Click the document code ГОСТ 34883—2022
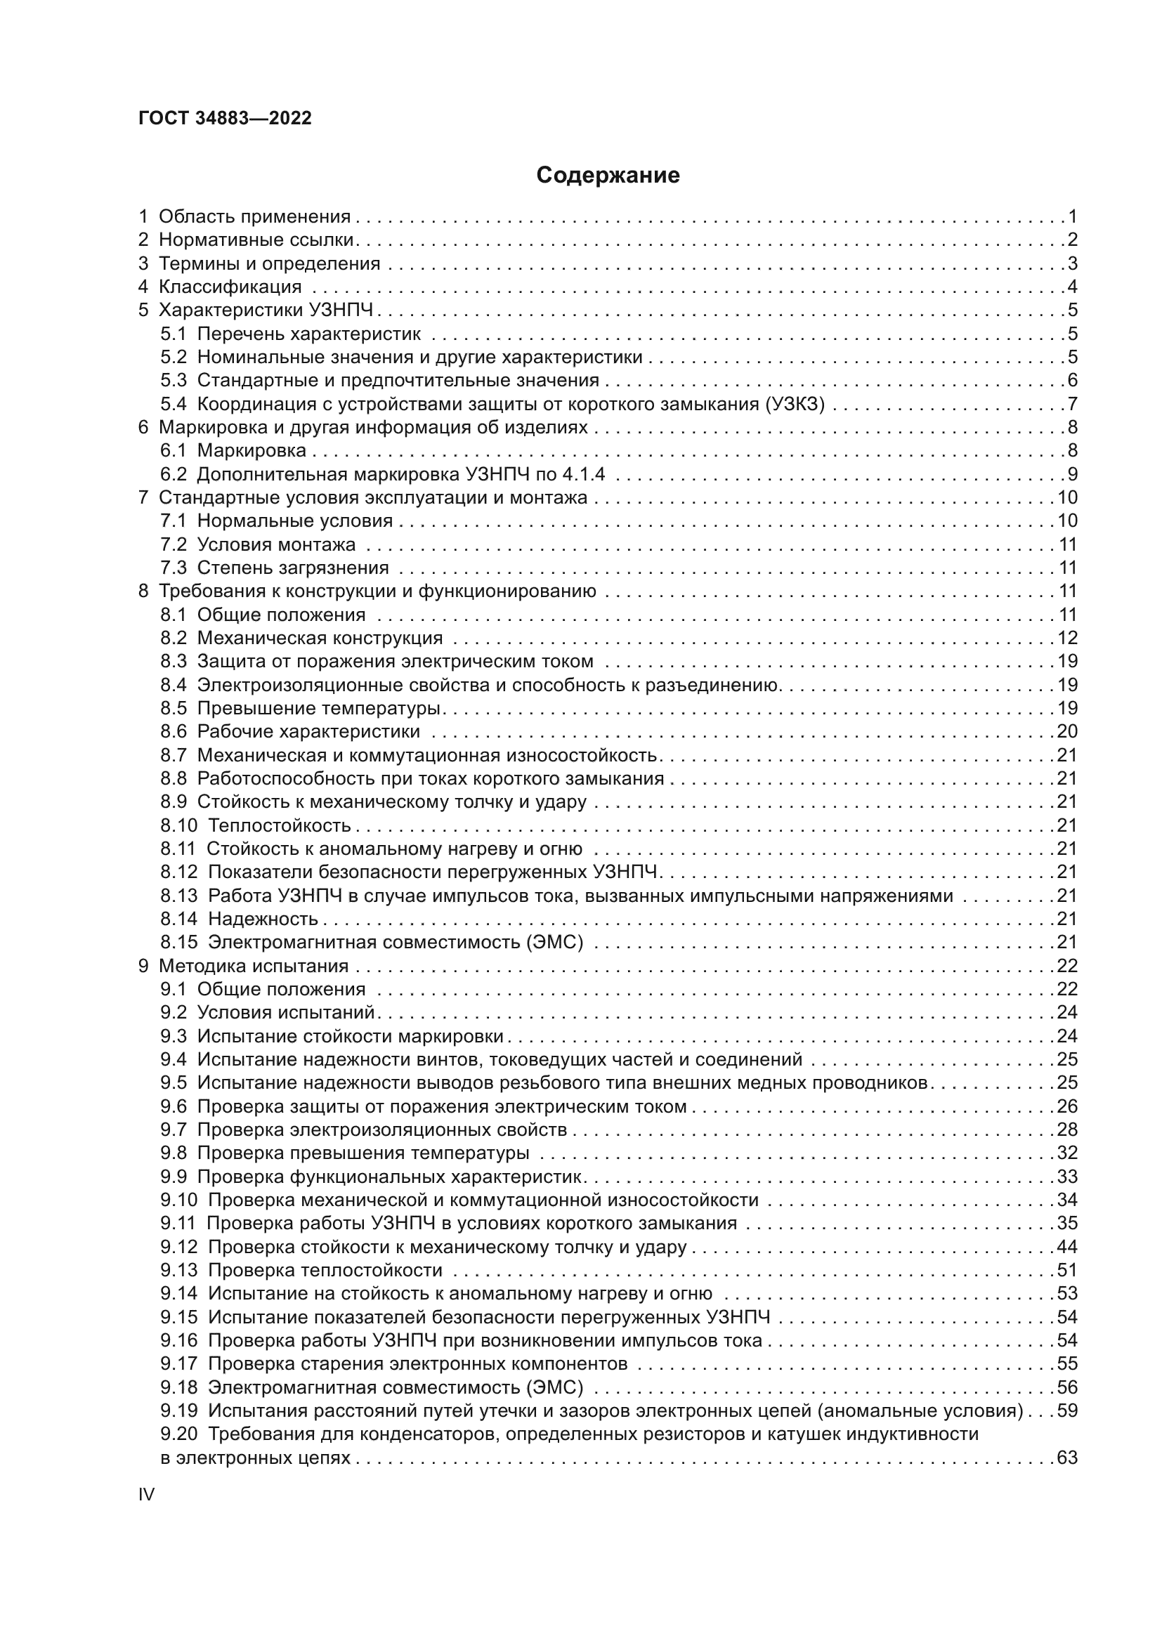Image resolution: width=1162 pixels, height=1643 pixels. click(x=225, y=118)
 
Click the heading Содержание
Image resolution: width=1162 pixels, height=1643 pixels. click(x=608, y=176)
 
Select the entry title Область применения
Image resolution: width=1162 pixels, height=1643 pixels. click(x=254, y=216)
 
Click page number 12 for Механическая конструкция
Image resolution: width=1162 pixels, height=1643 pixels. click(x=1067, y=638)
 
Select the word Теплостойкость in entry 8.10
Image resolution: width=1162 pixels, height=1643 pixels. click(x=279, y=825)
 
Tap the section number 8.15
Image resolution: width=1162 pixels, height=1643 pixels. click(x=178, y=943)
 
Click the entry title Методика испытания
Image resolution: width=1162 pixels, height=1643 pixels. click(x=254, y=966)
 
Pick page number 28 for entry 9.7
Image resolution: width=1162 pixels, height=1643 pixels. click(x=1067, y=1130)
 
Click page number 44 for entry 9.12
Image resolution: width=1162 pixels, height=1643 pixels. click(x=1067, y=1248)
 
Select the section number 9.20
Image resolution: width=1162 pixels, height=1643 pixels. click(x=178, y=1434)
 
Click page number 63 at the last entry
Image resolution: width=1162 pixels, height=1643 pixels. click(x=1067, y=1458)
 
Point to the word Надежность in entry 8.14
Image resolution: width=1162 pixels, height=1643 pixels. click(x=263, y=919)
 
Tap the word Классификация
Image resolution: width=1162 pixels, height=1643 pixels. click(x=230, y=287)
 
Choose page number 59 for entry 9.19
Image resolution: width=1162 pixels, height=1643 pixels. click(x=1067, y=1410)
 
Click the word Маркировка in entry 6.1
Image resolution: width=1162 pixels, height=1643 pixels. click(x=251, y=450)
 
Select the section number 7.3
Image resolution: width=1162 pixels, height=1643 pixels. click(x=173, y=568)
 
